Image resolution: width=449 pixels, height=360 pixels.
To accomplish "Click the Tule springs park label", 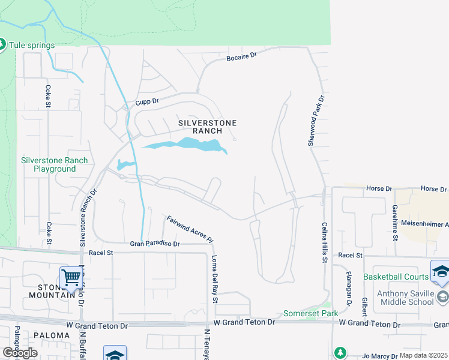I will point(32,45).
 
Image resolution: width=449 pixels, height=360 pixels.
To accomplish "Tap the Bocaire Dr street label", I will point(241,56).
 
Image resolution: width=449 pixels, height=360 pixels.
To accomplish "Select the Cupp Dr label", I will point(147,102).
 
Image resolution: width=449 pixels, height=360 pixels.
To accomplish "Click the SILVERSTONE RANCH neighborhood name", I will point(208,127).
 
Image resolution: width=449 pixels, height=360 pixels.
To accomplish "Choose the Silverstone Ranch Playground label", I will point(55,164).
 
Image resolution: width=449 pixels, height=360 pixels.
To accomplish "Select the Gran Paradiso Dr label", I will point(155,244).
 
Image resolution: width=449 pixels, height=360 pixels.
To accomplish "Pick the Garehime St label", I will point(395,221).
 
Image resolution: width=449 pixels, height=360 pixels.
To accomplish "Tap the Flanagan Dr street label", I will point(349,288).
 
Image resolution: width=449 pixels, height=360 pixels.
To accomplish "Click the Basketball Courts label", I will point(396,277).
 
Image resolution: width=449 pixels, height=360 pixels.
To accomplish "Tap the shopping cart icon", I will point(71,278).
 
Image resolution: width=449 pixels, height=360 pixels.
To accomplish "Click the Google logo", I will point(19,352).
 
